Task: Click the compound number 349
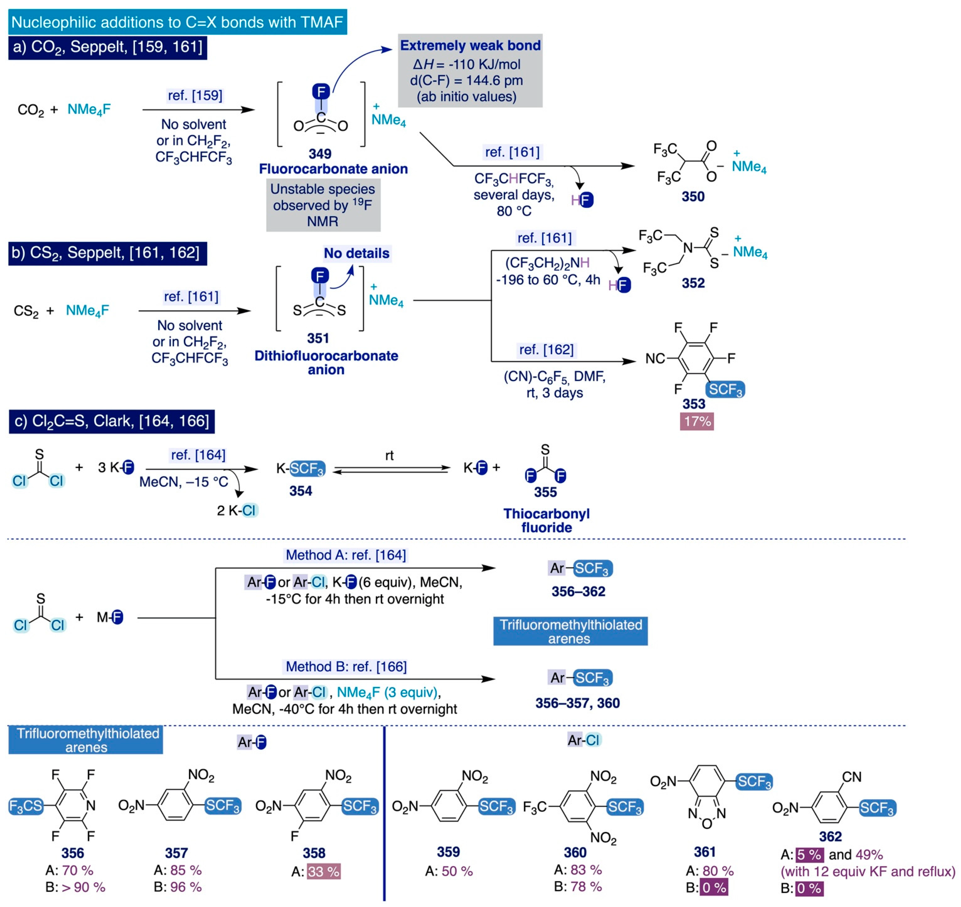320,154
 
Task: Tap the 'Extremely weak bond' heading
470,46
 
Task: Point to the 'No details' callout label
357,253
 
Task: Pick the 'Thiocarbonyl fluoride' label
546,520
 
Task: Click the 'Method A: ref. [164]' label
346,555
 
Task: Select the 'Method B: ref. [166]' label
346,667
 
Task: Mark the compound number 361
704,852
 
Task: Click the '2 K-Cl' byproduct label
237,511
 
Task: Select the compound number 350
693,196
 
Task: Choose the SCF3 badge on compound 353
725,389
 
